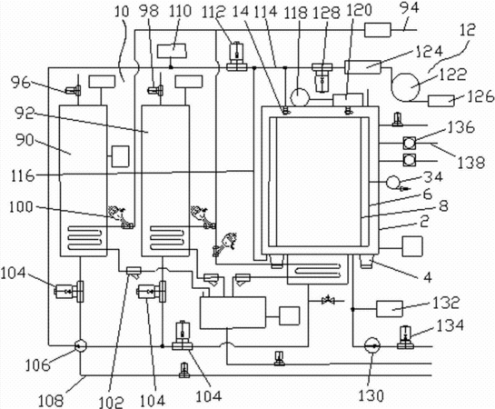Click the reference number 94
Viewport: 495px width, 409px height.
[410, 7]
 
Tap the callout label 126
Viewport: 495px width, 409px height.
[480, 96]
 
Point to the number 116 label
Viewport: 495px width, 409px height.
[23, 175]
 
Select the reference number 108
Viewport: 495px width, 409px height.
[51, 401]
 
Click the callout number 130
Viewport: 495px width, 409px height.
[371, 395]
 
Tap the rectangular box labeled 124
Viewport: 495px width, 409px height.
[362, 66]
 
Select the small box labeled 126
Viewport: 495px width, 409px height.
[441, 101]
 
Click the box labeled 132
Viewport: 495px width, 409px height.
[390, 309]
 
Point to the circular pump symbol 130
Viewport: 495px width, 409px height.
[371, 345]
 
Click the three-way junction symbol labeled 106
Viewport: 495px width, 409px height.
[80, 346]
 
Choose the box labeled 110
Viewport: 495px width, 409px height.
[172, 51]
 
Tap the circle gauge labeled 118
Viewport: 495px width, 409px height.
[300, 97]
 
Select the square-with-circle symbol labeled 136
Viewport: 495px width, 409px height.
[410, 144]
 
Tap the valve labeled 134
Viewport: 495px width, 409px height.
[405, 337]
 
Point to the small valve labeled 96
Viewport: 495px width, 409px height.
[73, 91]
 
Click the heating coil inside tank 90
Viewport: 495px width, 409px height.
[84, 237]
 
